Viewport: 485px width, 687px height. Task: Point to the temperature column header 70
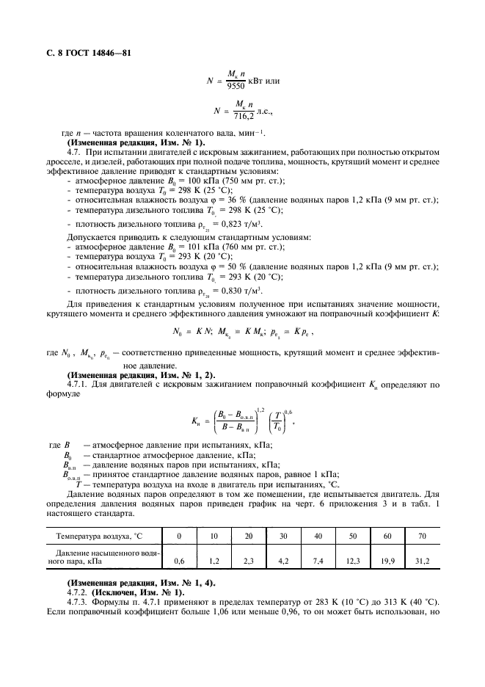422,537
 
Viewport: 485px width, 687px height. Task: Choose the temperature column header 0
178,537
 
